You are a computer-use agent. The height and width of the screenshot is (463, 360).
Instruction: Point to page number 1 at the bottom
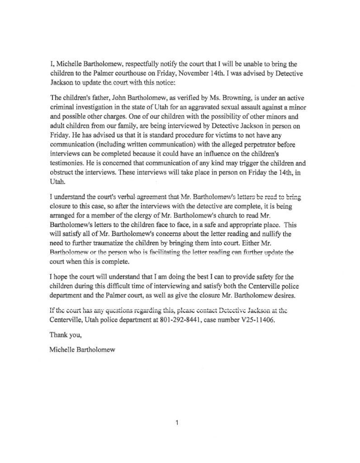point(178,423)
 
